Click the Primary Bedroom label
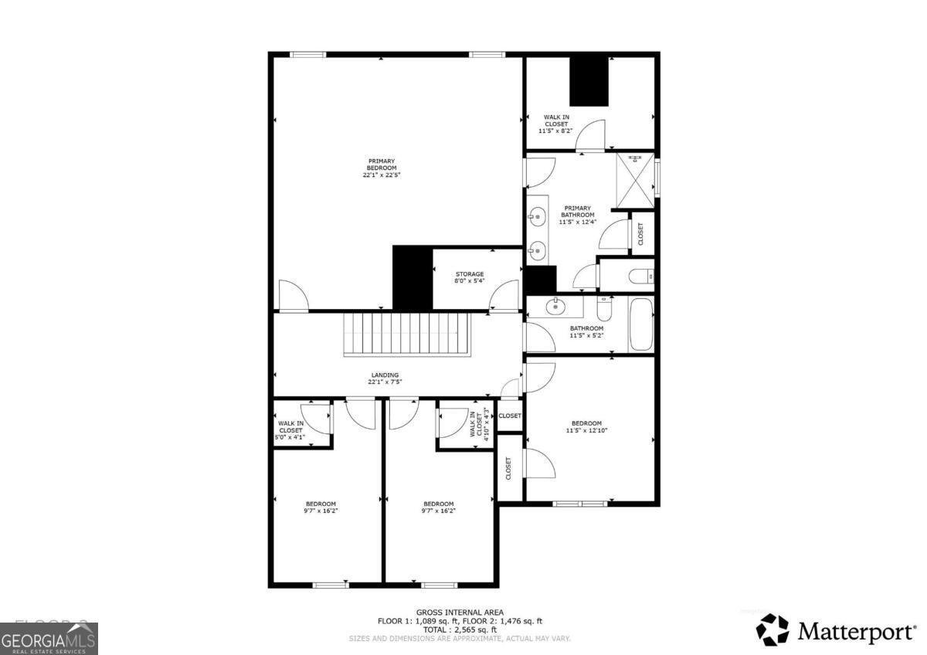(382, 168)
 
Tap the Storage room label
(469, 277)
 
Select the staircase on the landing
(407, 334)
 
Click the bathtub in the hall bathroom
(641, 324)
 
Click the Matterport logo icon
(772, 630)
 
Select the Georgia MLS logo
(49, 639)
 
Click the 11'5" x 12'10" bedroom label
(586, 427)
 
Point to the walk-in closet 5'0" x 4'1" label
(290, 430)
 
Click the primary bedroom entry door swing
(294, 297)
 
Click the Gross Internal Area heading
(460, 612)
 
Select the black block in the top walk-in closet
(589, 82)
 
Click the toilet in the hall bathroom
(606, 310)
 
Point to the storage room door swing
(504, 297)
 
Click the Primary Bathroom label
(577, 215)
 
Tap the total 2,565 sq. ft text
(460, 630)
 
